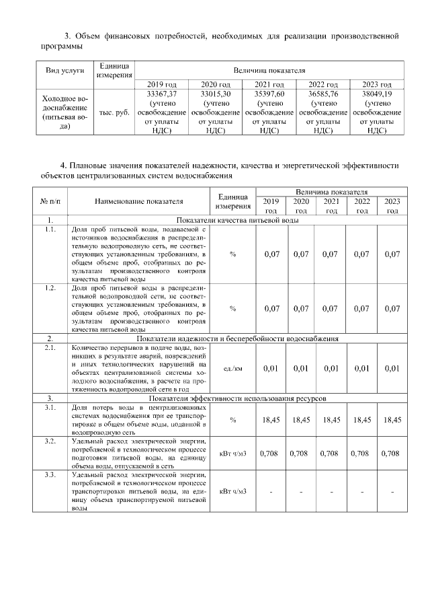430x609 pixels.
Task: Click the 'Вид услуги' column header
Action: pyautogui.click(x=64, y=71)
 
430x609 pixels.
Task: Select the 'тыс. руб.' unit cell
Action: pyautogui.click(x=114, y=113)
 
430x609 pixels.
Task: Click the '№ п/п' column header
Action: pyautogui.click(x=50, y=201)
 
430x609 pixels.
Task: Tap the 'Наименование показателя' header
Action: pyautogui.click(x=138, y=201)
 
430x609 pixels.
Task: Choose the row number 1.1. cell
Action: pyautogui.click(x=50, y=229)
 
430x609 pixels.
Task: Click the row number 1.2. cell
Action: pyautogui.click(x=50, y=287)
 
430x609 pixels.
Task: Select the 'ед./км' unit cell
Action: pyautogui.click(x=232, y=368)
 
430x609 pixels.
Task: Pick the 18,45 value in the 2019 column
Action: pyautogui.click(x=271, y=419)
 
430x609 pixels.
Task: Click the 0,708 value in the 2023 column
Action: pyautogui.click(x=392, y=453)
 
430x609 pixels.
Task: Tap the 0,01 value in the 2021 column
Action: pyautogui.click(x=331, y=368)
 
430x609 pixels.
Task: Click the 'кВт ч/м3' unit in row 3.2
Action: pyautogui.click(x=232, y=453)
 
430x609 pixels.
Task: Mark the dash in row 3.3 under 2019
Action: pyautogui.click(x=271, y=492)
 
